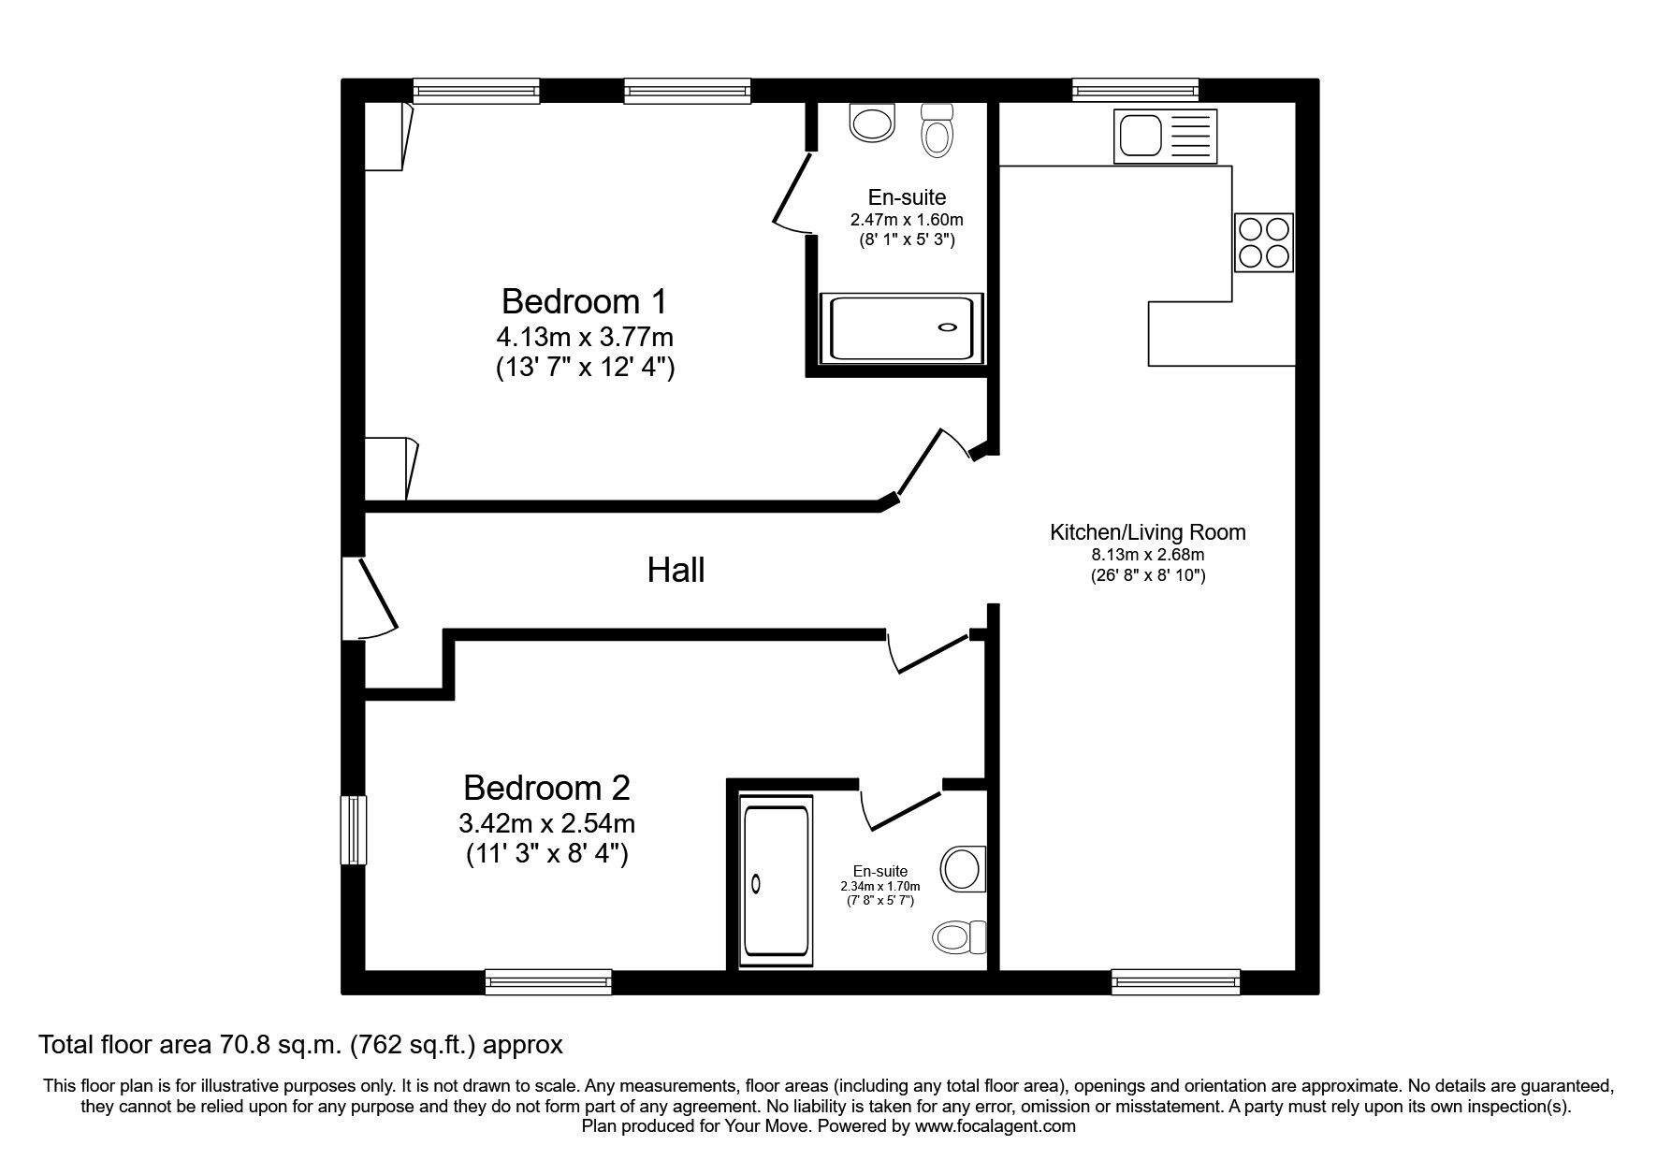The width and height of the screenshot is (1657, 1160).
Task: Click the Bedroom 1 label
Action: [585, 301]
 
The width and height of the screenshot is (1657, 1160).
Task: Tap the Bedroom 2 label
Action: [546, 788]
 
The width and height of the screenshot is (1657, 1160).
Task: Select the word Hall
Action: [676, 570]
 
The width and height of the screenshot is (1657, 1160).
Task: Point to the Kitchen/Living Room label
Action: [1148, 532]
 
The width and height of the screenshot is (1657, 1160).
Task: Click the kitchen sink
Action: [1166, 134]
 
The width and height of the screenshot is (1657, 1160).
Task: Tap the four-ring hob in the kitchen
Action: [1264, 242]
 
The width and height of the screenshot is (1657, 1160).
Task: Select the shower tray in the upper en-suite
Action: [903, 328]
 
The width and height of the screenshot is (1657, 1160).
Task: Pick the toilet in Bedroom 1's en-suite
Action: [937, 129]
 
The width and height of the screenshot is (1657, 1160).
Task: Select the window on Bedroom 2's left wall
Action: [353, 830]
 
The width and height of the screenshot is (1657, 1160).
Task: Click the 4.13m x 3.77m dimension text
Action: [585, 336]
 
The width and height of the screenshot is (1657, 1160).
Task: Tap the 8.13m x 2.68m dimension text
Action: [1148, 555]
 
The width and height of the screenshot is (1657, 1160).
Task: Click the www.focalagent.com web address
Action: [996, 1126]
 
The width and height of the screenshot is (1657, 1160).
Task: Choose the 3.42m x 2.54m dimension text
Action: [546, 823]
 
